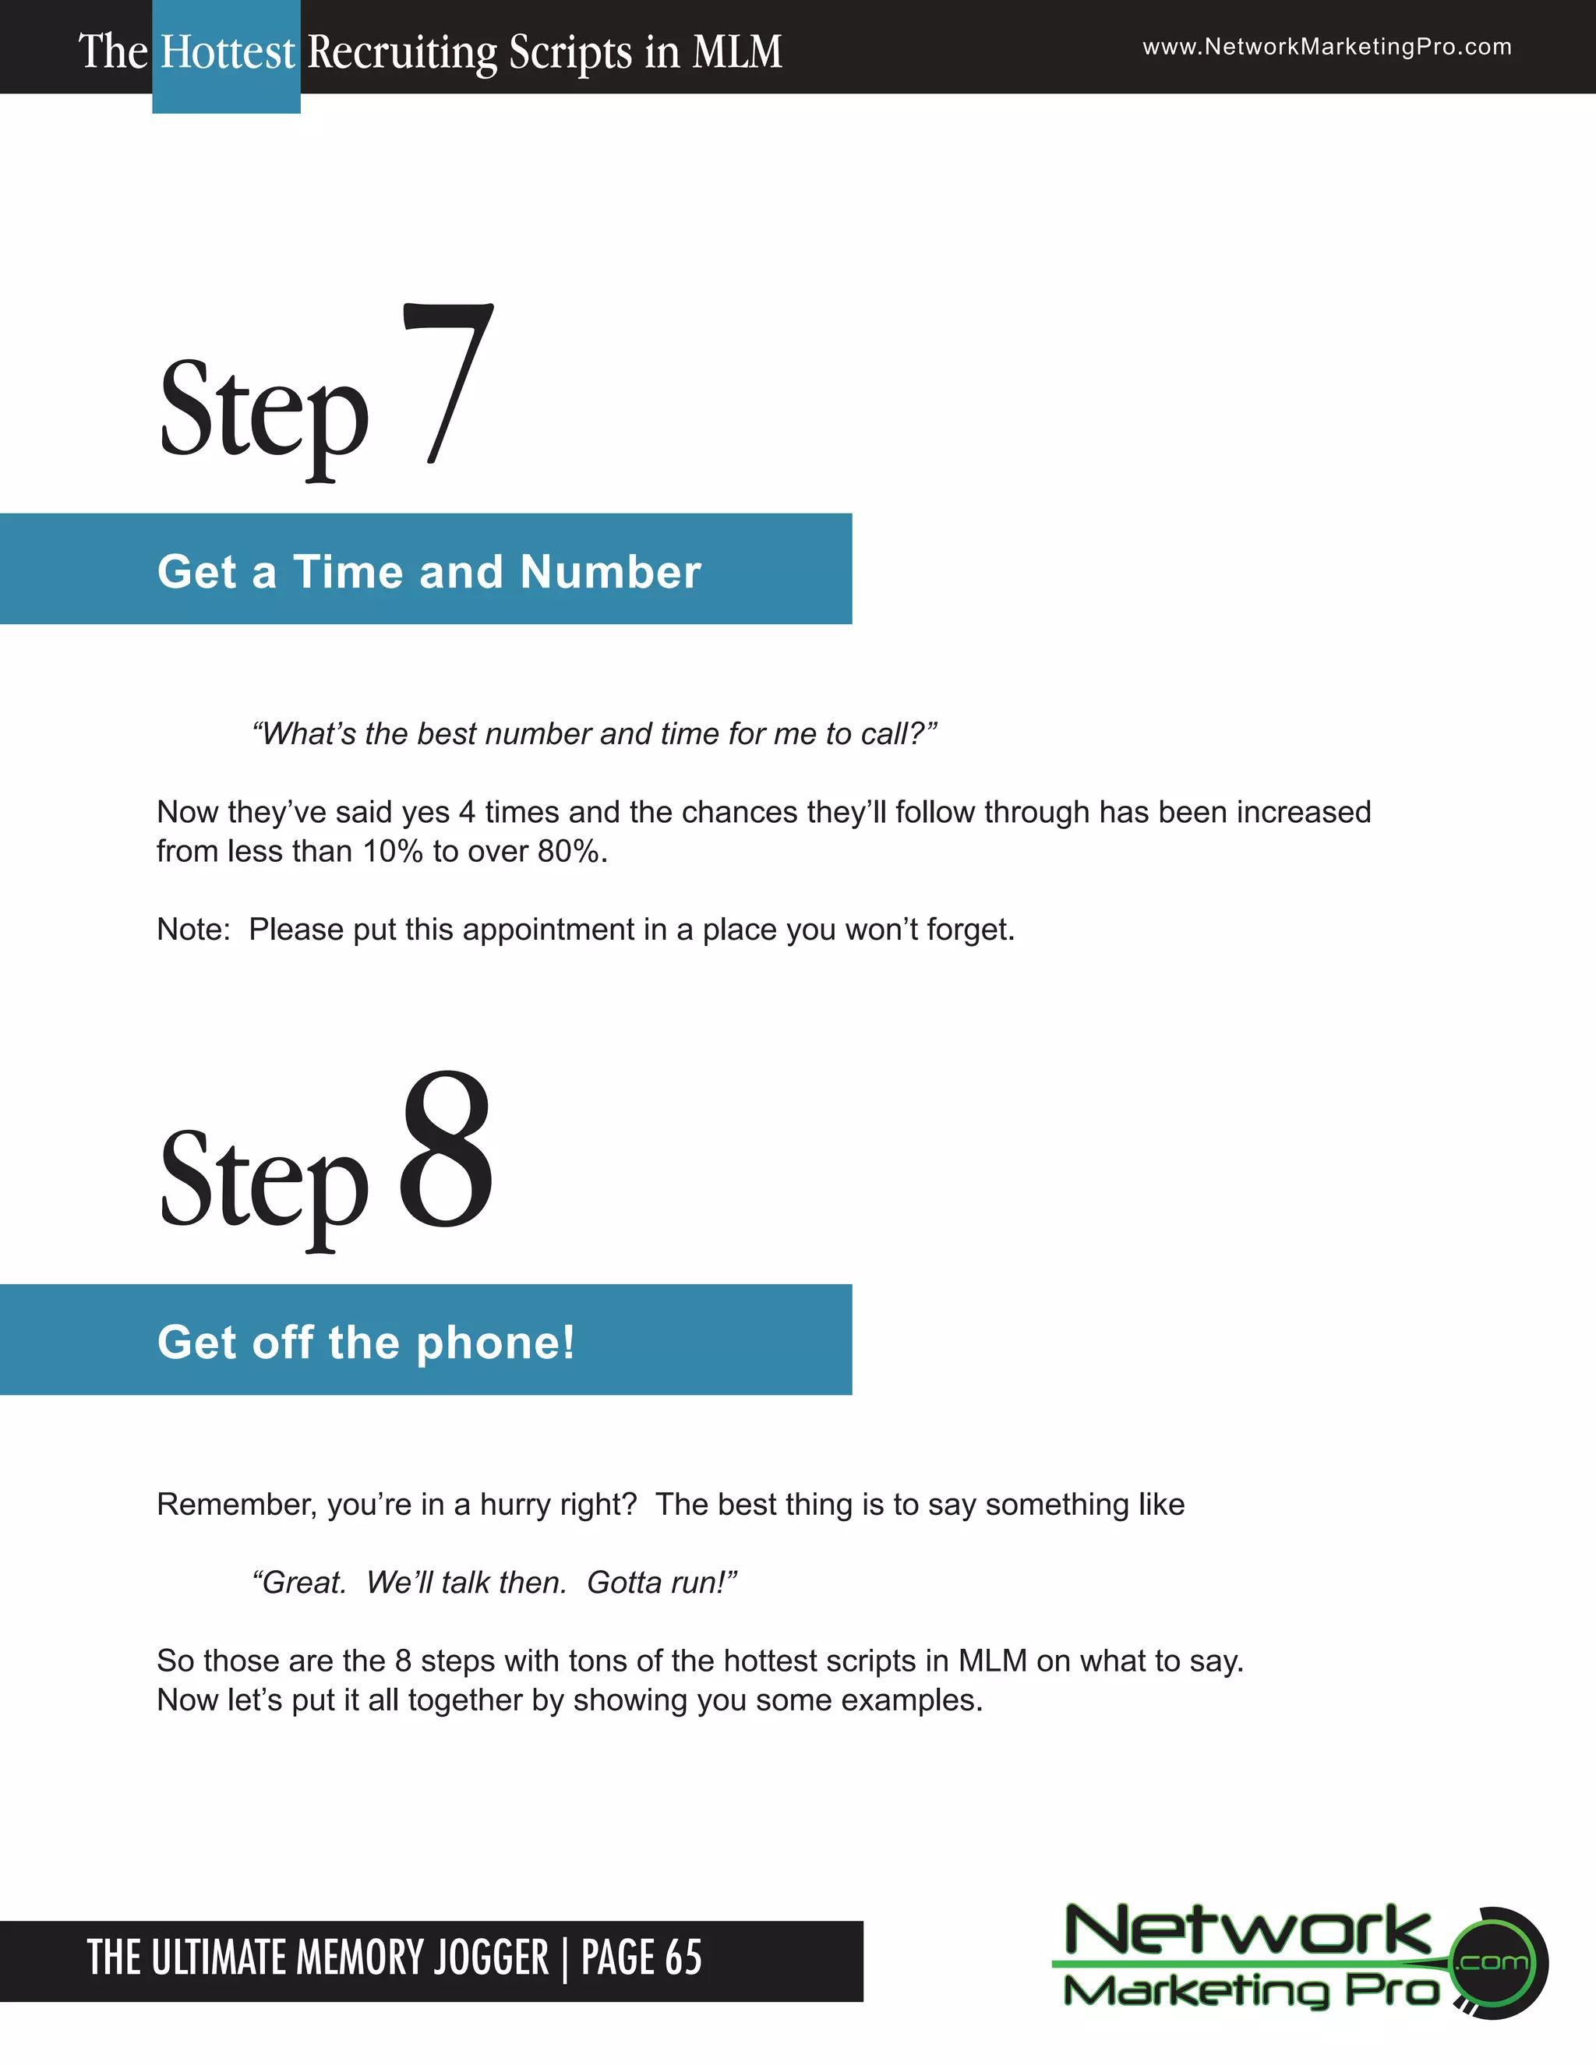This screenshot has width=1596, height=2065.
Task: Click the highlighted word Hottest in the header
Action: coord(227,52)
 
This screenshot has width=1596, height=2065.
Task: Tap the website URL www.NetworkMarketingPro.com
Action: coord(1326,48)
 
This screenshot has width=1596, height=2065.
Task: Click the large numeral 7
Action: coord(448,383)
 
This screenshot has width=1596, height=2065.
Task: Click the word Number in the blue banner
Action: coord(610,572)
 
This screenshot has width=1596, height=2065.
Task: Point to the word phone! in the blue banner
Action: coord(496,1343)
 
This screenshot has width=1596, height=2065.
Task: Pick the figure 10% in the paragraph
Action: coord(393,852)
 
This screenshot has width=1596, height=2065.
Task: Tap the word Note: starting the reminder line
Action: coord(194,930)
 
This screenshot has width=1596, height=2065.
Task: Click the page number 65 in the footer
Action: coord(683,1957)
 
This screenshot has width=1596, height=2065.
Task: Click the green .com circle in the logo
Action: coord(1494,1962)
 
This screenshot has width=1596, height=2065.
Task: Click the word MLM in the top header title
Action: coord(736,52)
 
